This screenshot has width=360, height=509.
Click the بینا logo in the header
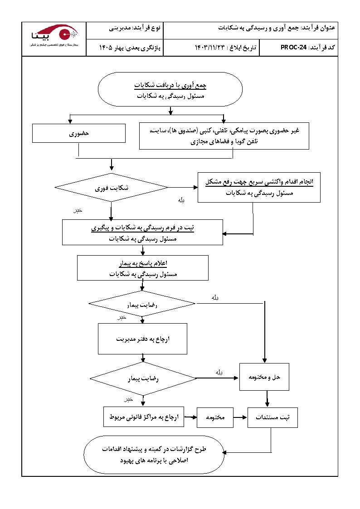click(x=54, y=35)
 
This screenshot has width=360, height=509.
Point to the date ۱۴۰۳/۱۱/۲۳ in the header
click(x=210, y=47)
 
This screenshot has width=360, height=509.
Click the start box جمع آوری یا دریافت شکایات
click(x=170, y=90)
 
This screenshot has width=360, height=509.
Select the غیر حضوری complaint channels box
click(x=224, y=136)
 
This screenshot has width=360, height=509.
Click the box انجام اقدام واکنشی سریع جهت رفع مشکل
click(x=259, y=187)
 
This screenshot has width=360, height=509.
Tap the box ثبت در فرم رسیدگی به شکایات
click(x=143, y=233)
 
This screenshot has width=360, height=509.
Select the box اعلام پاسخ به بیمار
click(x=143, y=268)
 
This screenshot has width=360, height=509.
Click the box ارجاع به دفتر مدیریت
click(x=142, y=339)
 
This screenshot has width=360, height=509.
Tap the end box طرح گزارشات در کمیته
click(x=154, y=455)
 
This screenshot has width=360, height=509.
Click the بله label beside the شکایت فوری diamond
click(x=181, y=199)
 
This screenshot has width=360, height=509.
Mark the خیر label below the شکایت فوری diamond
click(x=78, y=211)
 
